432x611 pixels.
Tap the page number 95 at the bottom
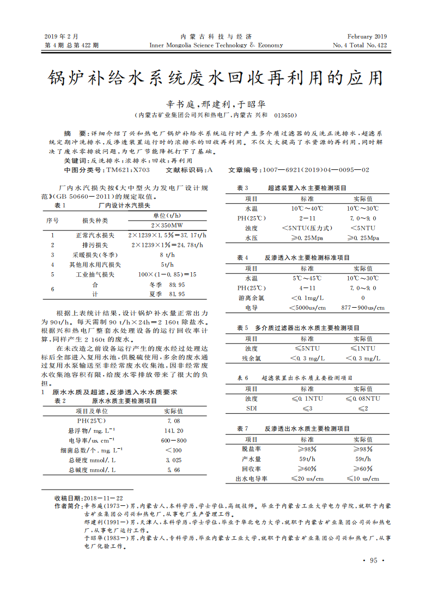373,560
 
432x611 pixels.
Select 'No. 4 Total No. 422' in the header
360,45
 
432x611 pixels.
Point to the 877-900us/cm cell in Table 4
363,308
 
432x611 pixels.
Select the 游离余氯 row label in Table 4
251,298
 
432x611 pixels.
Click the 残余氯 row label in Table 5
251,358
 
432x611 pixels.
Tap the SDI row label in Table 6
251,408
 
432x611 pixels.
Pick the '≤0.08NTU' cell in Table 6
363,399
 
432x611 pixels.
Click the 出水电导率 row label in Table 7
251,479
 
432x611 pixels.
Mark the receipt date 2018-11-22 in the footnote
104,498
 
